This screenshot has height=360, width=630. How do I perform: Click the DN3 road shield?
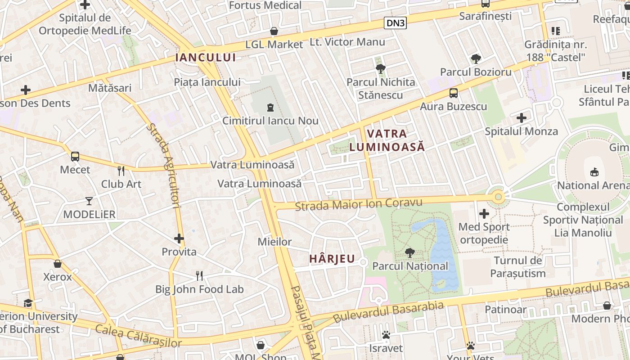point(395,23)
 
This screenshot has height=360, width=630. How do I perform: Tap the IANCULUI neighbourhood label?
point(206,57)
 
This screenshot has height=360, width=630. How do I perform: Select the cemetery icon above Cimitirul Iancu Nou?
point(270,107)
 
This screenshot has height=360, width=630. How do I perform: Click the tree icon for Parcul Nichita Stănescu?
point(381,68)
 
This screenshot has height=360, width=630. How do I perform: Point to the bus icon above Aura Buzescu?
point(453,93)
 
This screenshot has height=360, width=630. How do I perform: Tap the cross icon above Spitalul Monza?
point(521,118)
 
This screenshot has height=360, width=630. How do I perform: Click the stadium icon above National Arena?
point(594,172)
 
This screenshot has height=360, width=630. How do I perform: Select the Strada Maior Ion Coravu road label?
point(359,204)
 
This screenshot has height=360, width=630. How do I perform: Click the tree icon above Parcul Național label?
point(409,252)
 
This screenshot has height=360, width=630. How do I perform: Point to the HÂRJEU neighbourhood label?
point(332,259)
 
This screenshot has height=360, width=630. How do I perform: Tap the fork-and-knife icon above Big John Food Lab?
point(199,275)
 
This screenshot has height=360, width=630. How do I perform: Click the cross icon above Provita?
point(179,238)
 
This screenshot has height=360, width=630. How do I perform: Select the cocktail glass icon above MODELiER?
point(89,201)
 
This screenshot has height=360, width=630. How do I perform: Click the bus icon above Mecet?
point(75,157)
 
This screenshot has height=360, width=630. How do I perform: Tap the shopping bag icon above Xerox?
point(58,263)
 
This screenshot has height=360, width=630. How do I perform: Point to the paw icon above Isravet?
point(386,335)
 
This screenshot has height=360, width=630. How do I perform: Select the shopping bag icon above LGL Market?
point(274,31)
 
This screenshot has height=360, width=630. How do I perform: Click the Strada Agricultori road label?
point(163,166)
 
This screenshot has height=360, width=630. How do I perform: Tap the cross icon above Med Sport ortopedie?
point(484,213)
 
